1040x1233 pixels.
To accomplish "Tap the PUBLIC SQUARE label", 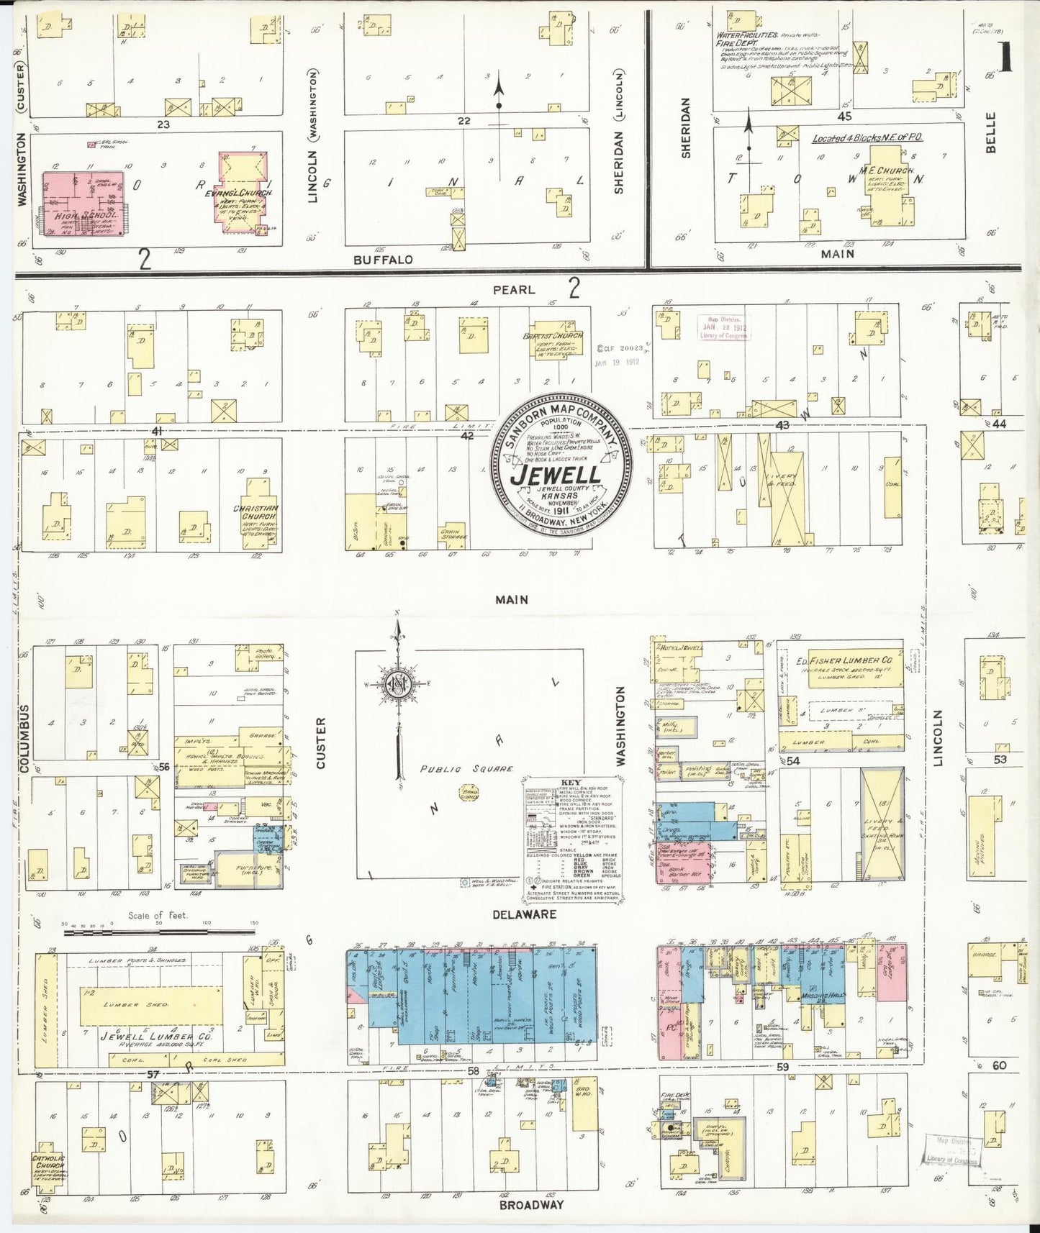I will (466, 769).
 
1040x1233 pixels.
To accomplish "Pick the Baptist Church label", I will (551, 336).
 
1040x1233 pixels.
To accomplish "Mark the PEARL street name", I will (514, 290).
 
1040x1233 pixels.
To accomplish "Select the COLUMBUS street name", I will (23, 739).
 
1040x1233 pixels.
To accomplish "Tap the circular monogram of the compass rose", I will (397, 681).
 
